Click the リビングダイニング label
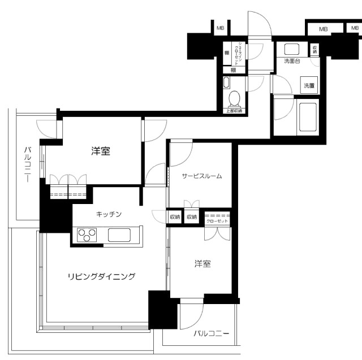coord(102,276)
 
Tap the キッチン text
coord(109,214)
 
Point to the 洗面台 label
coord(291,60)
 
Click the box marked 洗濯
coord(309,86)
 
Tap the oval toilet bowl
coord(235,99)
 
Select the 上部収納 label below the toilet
coord(234,111)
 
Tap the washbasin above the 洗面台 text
coord(292,49)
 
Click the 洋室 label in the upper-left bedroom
coord(101,151)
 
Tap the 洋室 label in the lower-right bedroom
coord(204,264)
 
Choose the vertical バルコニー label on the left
coord(27,164)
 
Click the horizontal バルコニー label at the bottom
coord(211,334)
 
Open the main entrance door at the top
coord(258,25)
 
